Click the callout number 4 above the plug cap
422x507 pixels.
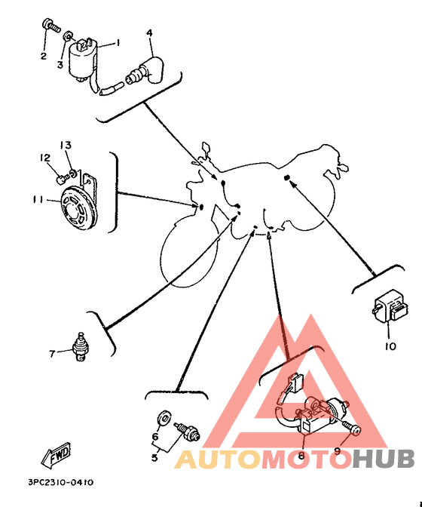tap(149, 33)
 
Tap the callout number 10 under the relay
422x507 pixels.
tap(390, 346)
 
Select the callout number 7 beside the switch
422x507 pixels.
tap(52, 354)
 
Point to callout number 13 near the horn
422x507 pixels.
tap(66, 145)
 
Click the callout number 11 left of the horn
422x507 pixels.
tap(38, 200)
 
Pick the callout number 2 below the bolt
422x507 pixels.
tap(44, 56)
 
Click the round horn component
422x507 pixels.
tap(78, 207)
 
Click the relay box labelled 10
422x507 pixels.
tap(390, 306)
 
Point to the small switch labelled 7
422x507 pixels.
tap(80, 346)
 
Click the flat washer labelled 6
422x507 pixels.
tap(164, 419)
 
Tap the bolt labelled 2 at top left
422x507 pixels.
tap(52, 26)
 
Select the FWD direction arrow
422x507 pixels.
tap(56, 455)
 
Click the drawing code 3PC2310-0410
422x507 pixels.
tap(61, 482)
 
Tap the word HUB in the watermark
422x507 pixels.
tap(384, 459)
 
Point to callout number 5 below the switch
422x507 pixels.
tap(154, 458)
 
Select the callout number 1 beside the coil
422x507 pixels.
tap(118, 42)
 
